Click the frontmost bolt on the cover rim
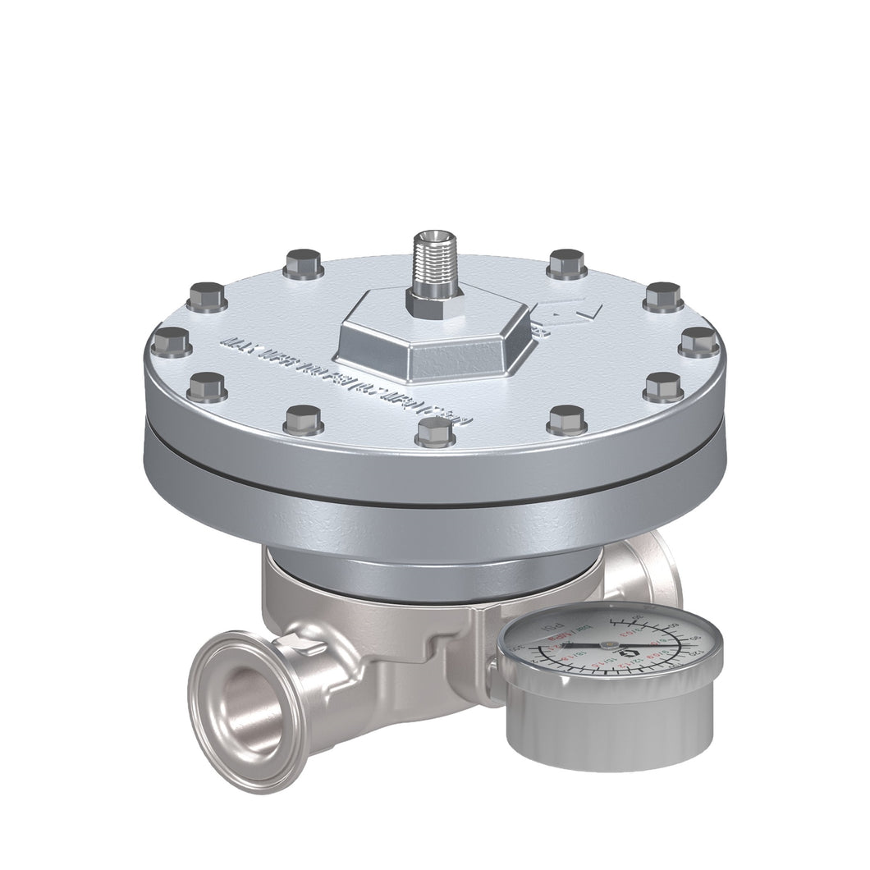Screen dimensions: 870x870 435,430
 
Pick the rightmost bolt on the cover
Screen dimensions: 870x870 698,340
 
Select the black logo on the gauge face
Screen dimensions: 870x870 631,654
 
